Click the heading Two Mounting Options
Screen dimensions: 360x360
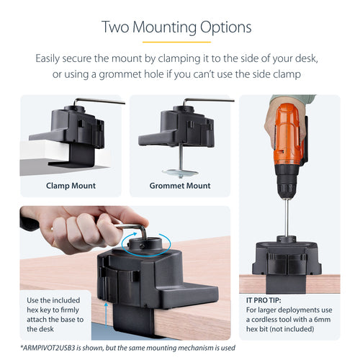[x=176, y=27]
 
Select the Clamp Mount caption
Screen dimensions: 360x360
[x=71, y=185]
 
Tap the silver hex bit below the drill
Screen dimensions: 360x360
[x=287, y=216]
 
